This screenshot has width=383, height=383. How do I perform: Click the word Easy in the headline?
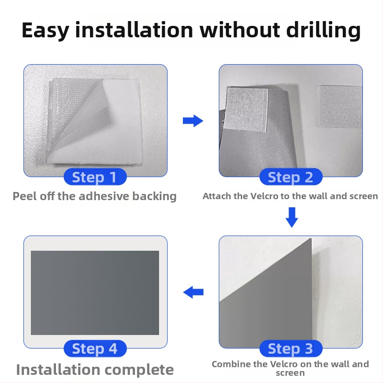click(45, 30)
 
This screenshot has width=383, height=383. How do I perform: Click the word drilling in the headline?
click(324, 30)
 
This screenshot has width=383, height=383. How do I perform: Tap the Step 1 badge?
click(95, 177)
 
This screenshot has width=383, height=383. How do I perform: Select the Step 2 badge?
click(291, 177)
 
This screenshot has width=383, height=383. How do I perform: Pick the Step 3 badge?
click(291, 349)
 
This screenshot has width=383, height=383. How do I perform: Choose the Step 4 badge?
click(95, 349)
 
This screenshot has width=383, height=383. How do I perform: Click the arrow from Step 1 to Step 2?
click(193, 121)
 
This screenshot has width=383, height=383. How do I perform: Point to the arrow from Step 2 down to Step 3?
click(292, 217)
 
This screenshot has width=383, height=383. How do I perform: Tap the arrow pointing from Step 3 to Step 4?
click(193, 292)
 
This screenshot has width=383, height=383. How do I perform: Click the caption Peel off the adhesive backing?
click(94, 196)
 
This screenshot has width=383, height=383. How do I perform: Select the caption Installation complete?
click(95, 370)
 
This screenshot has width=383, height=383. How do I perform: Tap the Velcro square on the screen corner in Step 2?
click(246, 109)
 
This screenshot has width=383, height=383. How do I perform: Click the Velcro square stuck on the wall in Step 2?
click(339, 106)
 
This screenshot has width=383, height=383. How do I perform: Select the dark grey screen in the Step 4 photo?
click(95, 293)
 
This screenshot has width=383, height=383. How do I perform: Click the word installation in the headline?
click(134, 30)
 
